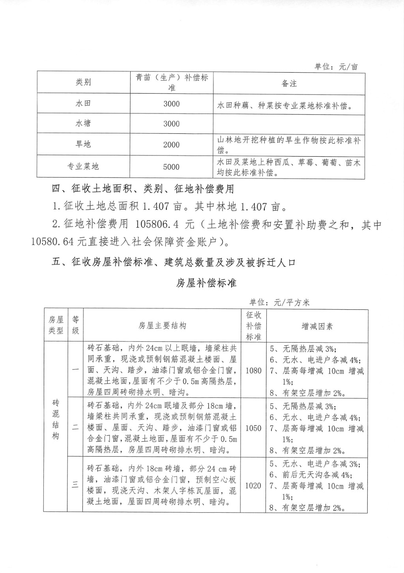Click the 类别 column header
pyautogui.click(x=83, y=82)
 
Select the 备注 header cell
pyautogui.click(x=289, y=84)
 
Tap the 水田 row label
pyautogui.click(x=83, y=103)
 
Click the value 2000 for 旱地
pyautogui.click(x=171, y=144)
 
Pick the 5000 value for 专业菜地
pyautogui.click(x=171, y=167)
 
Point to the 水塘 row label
pyautogui.click(x=83, y=124)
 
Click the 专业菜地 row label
pyautogui.click(x=83, y=167)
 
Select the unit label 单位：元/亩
pyautogui.click(x=336, y=67)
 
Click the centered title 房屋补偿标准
pyautogui.click(x=206, y=283)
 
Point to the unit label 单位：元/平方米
pyautogui.click(x=279, y=303)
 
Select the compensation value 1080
pyautogui.click(x=253, y=371)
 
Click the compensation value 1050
pyautogui.click(x=253, y=428)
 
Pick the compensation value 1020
pyautogui.click(x=253, y=486)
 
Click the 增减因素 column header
pyautogui.click(x=317, y=326)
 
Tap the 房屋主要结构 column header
pyautogui.click(x=162, y=326)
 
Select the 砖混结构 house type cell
pyautogui.click(x=56, y=419)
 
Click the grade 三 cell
pyautogui.click(x=75, y=485)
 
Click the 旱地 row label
pyautogui.click(x=83, y=144)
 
